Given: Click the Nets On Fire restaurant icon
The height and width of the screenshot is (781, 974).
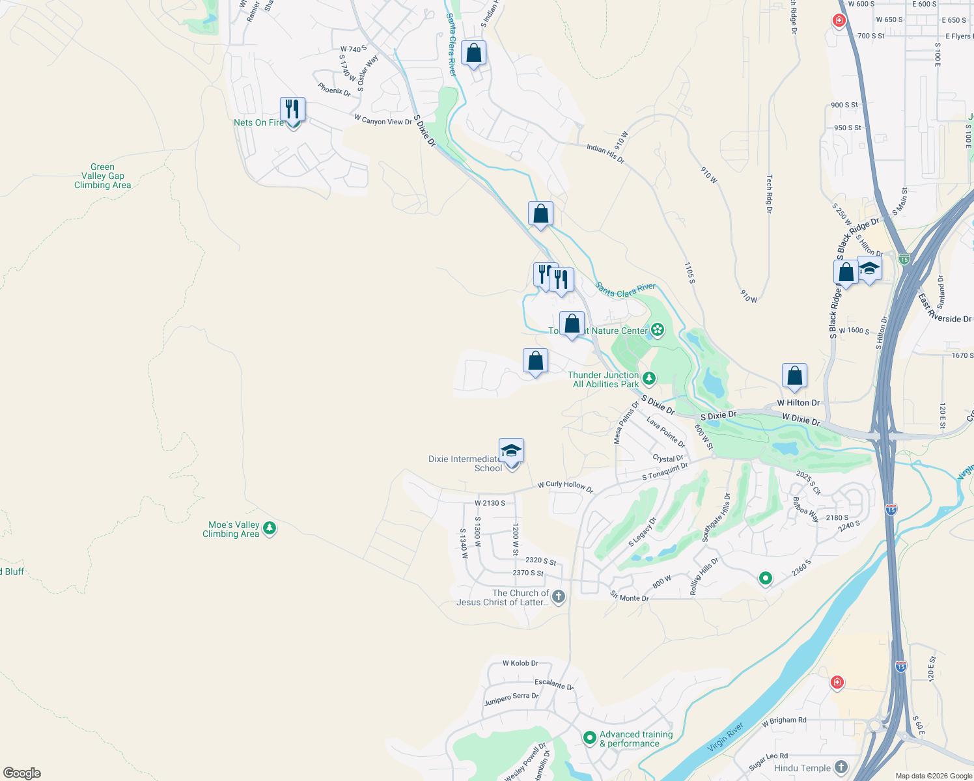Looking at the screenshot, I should (292, 109).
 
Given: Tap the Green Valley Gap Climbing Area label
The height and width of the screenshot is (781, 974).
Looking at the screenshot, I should (102, 176).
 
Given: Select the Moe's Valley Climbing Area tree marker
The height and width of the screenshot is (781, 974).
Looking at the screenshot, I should (270, 528).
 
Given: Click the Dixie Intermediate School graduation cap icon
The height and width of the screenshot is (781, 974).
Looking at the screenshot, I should (511, 450).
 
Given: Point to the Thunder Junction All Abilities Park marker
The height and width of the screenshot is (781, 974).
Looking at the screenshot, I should (648, 378).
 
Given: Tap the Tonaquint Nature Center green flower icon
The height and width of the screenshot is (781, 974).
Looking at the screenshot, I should (658, 330).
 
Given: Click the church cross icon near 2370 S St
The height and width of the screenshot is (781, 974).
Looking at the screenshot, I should (558, 596).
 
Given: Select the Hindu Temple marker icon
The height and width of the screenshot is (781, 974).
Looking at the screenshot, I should (841, 767).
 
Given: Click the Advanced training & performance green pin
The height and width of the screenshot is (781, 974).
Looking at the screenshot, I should (589, 737).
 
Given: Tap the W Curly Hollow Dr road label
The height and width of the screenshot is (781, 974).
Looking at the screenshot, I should (565, 486).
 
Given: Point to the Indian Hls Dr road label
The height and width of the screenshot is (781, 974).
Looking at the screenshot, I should (605, 154).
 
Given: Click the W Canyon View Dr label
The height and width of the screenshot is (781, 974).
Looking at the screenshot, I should (383, 120).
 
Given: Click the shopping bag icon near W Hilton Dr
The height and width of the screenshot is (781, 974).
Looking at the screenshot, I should (794, 376).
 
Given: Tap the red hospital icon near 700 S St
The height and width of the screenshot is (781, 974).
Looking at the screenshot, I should (839, 21).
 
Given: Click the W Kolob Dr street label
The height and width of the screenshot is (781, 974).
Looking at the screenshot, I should (520, 663).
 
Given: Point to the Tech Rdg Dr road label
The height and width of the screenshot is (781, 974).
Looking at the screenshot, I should (769, 193).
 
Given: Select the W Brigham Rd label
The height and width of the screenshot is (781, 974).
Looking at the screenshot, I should (784, 721).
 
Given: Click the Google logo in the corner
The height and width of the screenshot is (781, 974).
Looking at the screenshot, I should (22, 773).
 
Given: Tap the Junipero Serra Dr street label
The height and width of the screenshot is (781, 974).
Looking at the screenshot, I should (511, 699).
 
